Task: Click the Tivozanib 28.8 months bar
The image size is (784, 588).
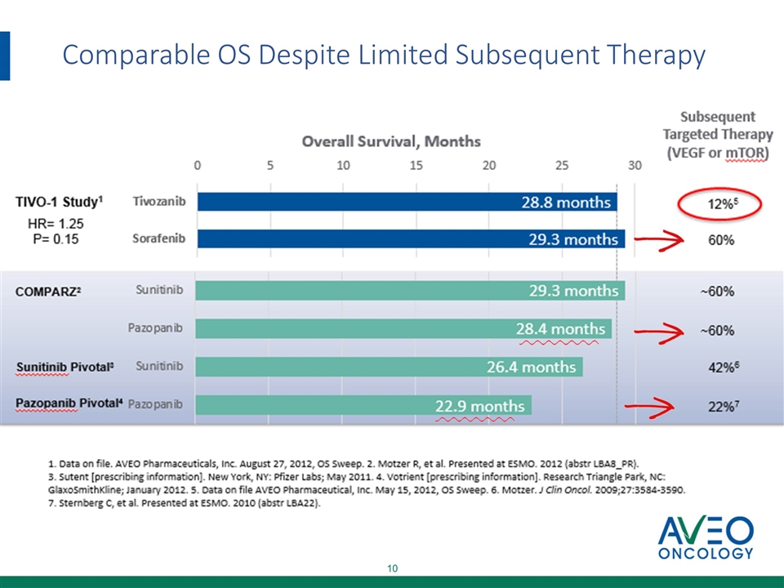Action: [407, 203]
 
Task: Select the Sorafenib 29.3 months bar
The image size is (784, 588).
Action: [410, 239]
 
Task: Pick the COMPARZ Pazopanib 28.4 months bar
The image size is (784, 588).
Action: [403, 328]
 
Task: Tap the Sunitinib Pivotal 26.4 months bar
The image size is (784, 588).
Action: [389, 367]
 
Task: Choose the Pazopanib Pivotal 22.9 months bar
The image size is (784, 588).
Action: [363, 405]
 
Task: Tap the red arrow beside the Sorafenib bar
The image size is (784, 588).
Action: [659, 239]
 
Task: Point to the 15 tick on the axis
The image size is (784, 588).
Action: [416, 166]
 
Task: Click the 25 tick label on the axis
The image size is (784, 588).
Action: [561, 166]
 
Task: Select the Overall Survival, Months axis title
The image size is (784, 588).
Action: [391, 141]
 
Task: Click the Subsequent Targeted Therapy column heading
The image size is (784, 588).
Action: [718, 135]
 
